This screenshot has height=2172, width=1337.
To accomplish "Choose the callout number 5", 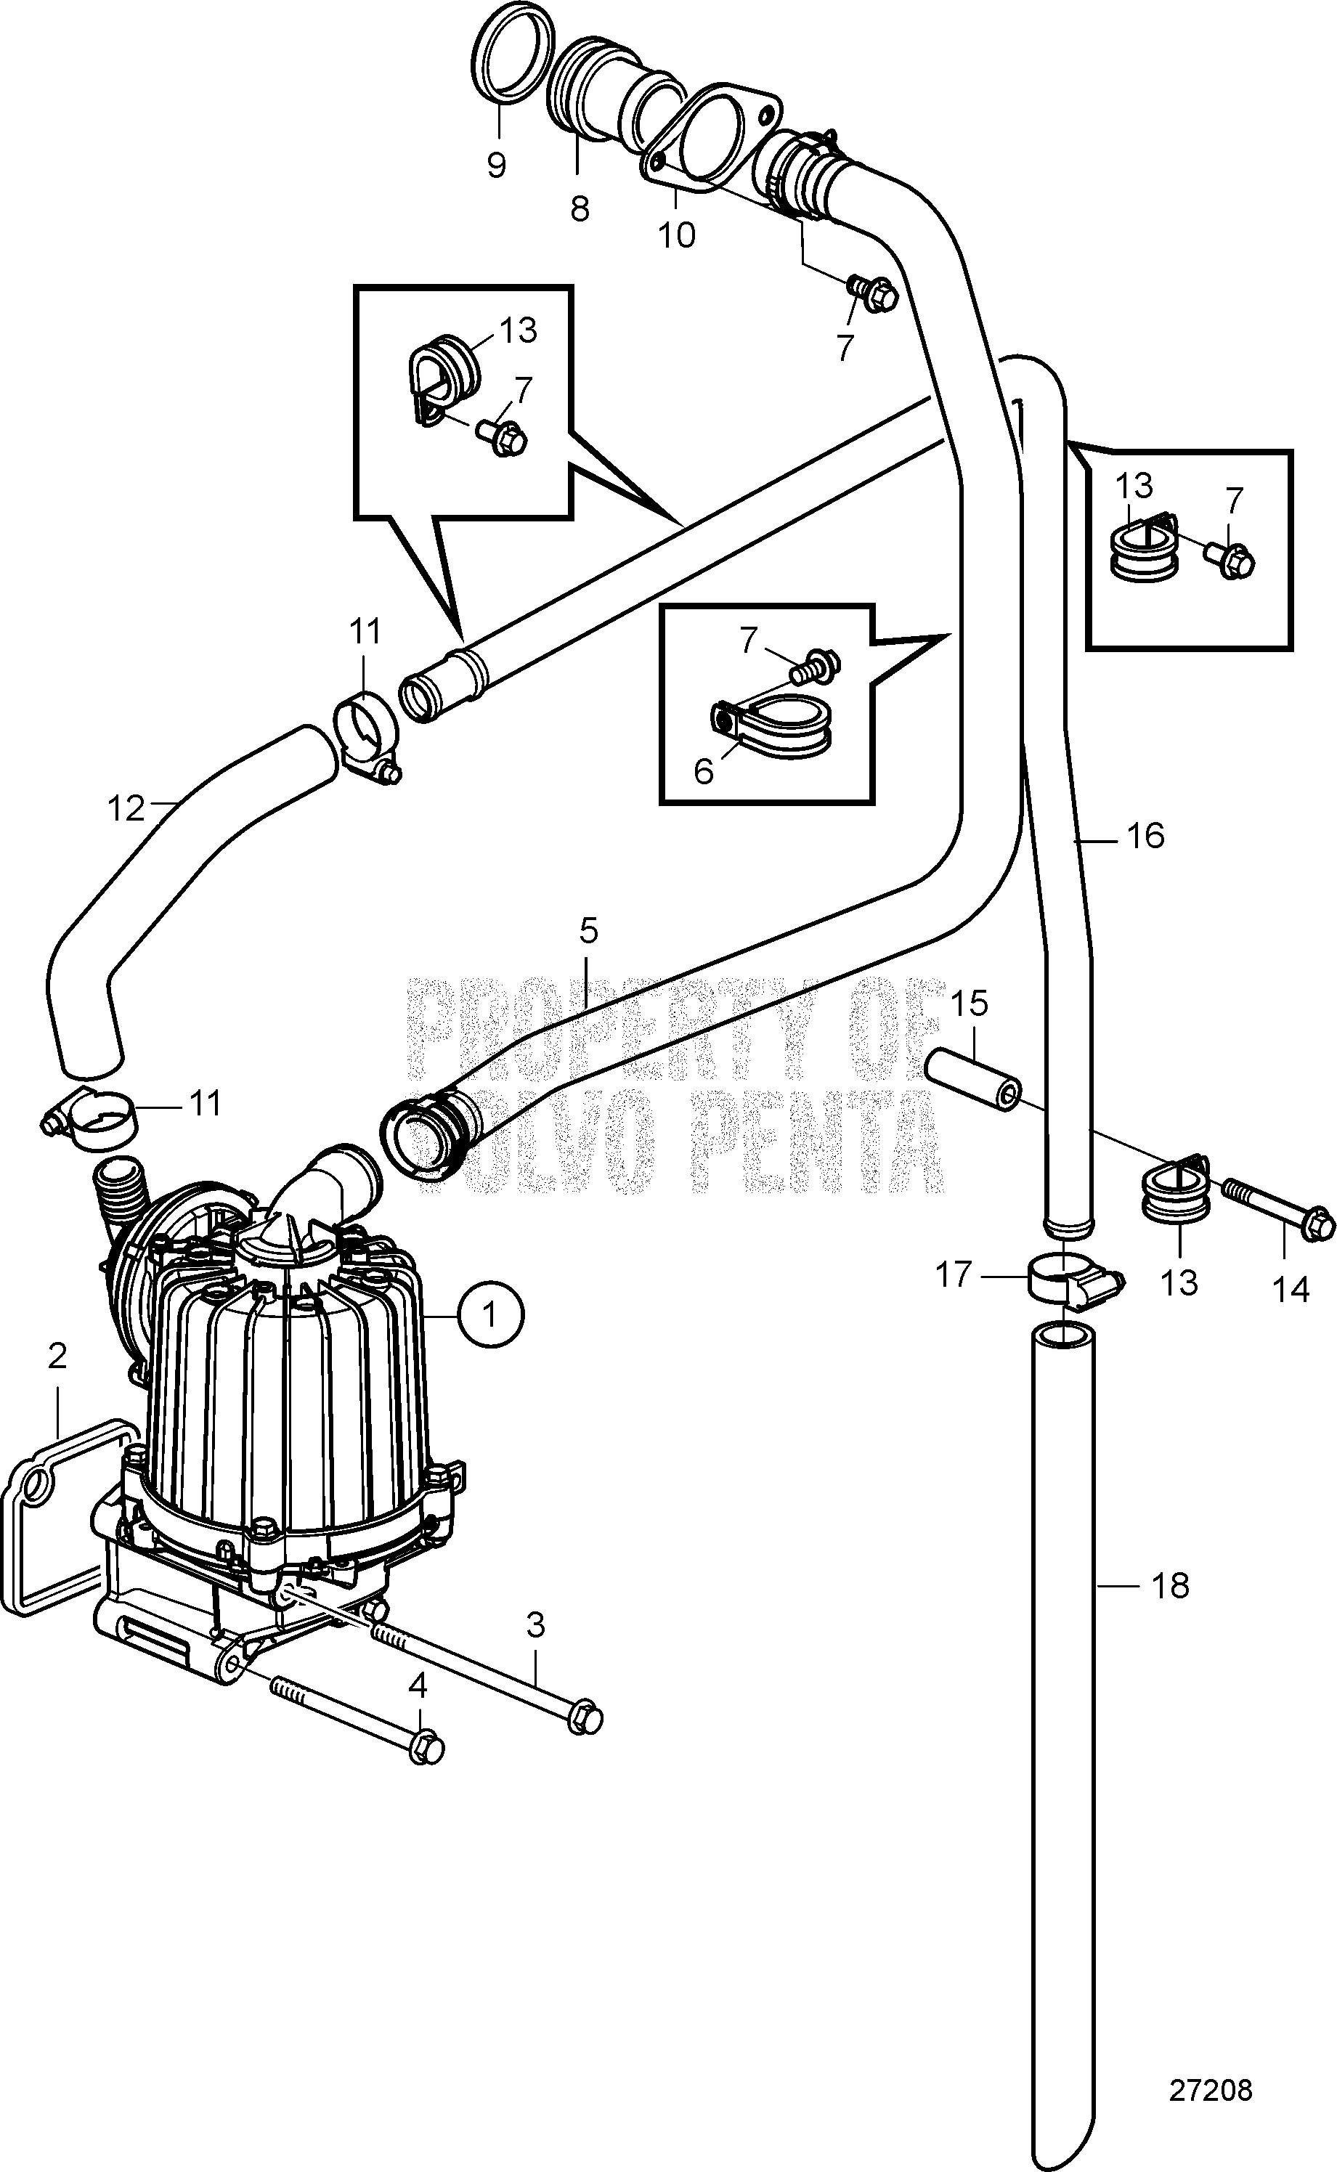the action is [589, 930].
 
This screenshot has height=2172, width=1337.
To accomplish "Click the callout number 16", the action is [1145, 835].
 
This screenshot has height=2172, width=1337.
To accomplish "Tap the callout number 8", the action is [580, 208].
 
